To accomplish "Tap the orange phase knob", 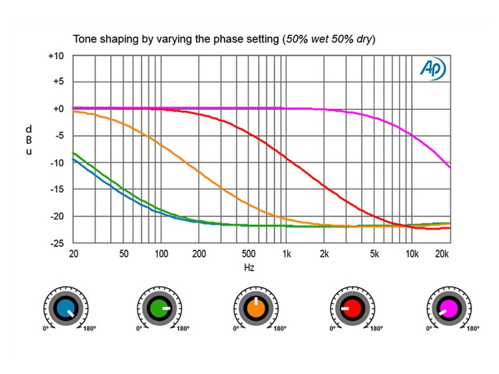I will tap(256, 308).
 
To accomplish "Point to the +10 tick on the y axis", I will tap(56, 56).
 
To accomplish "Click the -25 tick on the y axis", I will tap(56, 243).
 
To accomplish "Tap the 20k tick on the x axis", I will tap(442, 254).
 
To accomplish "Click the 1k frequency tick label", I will tap(287, 254).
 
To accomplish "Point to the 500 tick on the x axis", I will tap(249, 254).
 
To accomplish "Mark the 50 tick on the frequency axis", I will tap(124, 254).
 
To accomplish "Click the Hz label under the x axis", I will tap(249, 267).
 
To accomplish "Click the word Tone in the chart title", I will tap(85, 39).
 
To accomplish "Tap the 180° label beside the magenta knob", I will tap(473, 328).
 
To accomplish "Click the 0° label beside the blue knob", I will tap(45, 328).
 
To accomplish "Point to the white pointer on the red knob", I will tap(345, 308).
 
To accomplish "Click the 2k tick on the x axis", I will tap(324, 254).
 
